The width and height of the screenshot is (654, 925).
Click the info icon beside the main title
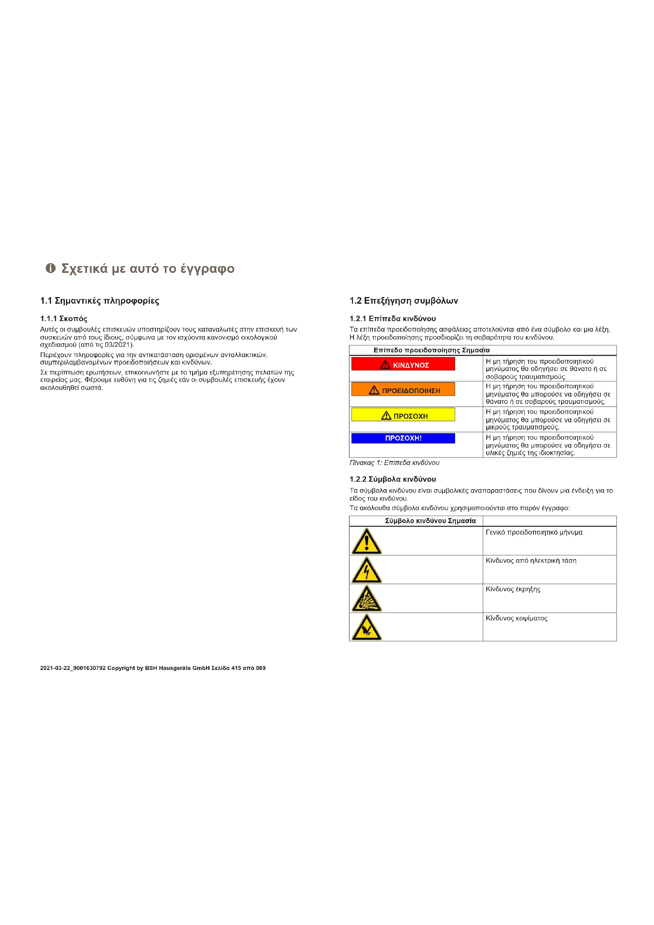[x=50, y=268]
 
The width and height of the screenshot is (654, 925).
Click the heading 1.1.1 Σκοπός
[x=64, y=319]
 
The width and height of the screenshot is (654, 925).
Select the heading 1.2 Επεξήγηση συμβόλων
[x=404, y=301]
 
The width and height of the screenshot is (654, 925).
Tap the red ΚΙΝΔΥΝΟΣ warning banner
[x=403, y=364]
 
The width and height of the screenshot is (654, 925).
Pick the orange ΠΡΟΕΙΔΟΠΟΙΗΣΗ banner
[x=403, y=390]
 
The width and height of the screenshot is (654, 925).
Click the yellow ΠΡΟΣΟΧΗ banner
[x=403, y=415]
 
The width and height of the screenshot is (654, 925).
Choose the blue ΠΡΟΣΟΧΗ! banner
[x=403, y=438]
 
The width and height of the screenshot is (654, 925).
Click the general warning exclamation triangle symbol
[x=367, y=541]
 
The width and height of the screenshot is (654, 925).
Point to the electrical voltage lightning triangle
[x=367, y=571]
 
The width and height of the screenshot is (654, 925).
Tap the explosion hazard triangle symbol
[x=367, y=599]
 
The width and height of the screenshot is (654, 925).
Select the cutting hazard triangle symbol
[x=367, y=628]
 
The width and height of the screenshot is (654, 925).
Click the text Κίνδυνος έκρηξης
[x=513, y=589]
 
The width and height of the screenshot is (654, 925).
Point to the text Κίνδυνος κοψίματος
[x=516, y=618]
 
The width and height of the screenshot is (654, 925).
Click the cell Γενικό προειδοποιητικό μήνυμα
[x=534, y=532]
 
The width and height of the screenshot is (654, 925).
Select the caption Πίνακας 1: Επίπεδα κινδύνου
[x=394, y=463]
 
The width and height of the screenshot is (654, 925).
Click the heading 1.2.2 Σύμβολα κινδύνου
[x=393, y=479]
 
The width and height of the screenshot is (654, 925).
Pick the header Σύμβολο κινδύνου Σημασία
[x=430, y=521]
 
